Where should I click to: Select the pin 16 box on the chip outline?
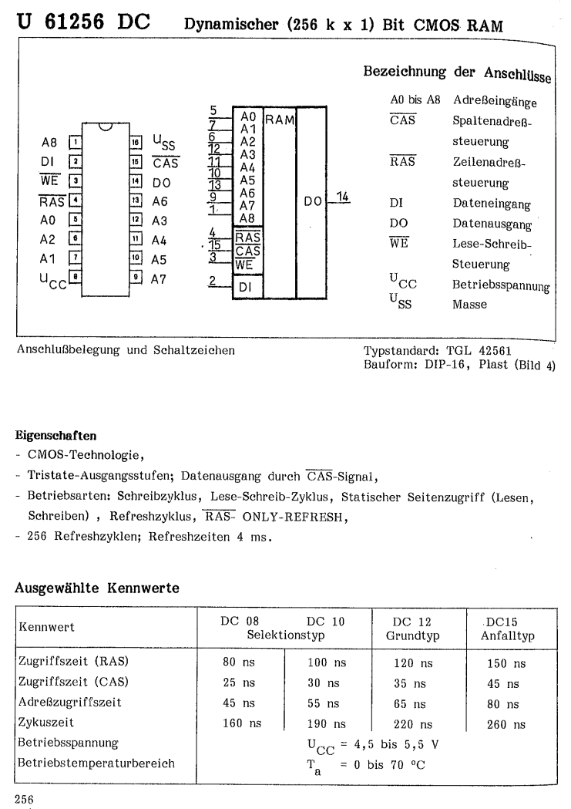tap(136, 143)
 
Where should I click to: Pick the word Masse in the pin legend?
tap(470, 305)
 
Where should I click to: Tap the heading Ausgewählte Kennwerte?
tap(97, 588)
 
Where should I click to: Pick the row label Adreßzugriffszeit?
tap(69, 703)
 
